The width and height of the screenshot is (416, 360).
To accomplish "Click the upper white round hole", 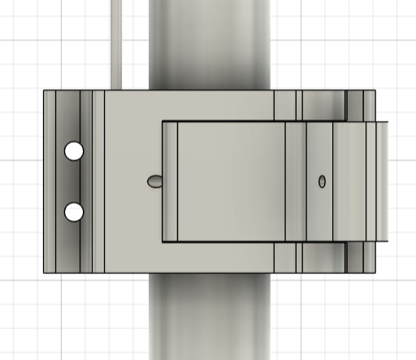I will (x=74, y=151).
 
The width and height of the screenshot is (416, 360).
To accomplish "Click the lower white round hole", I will (x=74, y=212).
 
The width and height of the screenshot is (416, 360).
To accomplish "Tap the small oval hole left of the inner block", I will (x=154, y=181).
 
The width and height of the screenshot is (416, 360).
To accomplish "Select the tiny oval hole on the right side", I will (x=323, y=181).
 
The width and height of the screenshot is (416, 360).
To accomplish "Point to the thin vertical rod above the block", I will (x=119, y=41).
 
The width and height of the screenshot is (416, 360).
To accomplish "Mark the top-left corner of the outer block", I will (x=44, y=90).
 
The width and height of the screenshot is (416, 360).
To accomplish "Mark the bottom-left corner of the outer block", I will (x=44, y=273).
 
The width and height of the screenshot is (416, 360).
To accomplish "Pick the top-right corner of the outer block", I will (x=375, y=90).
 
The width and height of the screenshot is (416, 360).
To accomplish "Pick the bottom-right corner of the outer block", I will (x=375, y=273).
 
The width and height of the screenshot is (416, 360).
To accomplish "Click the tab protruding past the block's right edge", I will (x=382, y=181).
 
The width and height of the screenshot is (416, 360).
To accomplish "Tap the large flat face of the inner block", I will (x=231, y=181).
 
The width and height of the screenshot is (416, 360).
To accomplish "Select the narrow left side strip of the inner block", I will (x=170, y=181).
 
